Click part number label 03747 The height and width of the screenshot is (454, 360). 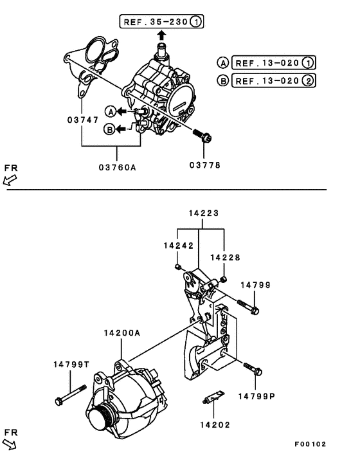pos(81,120)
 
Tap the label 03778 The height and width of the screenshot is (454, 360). pos(204,165)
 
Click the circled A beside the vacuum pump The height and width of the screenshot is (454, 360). pos(110,111)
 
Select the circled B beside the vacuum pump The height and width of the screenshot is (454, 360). pos(110,129)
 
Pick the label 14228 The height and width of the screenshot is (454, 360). pos(224,257)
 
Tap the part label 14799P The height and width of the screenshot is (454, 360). pos(259,396)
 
